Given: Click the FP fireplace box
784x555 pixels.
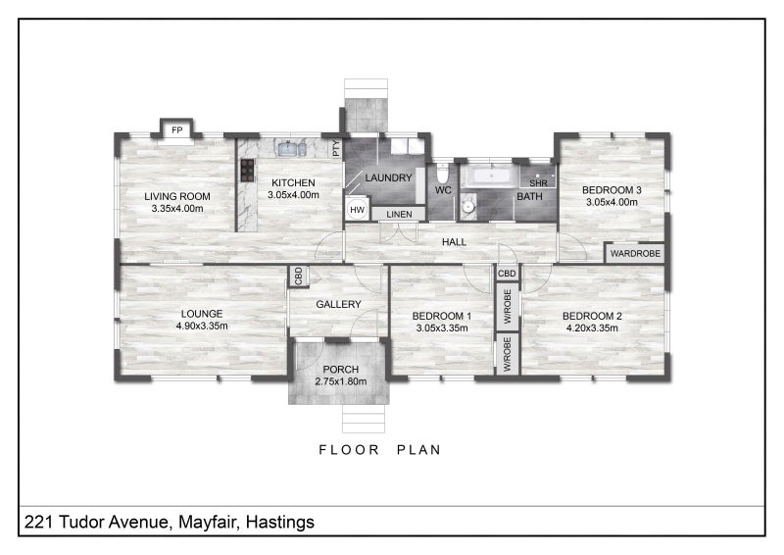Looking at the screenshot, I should (177, 129).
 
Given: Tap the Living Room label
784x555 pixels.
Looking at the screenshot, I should (177, 195).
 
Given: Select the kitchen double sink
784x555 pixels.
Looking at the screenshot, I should (292, 149).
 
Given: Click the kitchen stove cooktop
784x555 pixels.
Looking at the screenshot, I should (245, 170).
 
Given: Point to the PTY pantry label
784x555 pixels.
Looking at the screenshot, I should (335, 149).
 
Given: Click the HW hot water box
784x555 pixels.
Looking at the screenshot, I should (357, 210).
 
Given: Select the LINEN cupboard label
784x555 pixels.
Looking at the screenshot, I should (398, 214).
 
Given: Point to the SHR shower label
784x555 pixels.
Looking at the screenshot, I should (538, 183).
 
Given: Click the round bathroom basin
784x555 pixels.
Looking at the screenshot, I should (467, 205).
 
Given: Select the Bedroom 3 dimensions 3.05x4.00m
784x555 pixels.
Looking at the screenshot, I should (611, 202).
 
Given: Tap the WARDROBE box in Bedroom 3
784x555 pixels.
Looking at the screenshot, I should (635, 253).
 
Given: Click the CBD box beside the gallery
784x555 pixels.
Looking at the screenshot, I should (298, 277).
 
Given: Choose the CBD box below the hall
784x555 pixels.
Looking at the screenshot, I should (507, 274).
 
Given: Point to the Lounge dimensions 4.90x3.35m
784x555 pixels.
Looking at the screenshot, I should (202, 326).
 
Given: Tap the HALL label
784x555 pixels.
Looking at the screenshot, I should (453, 241).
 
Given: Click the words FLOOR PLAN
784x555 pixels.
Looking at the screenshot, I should (380, 450).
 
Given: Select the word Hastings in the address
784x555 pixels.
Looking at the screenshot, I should (280, 522).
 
